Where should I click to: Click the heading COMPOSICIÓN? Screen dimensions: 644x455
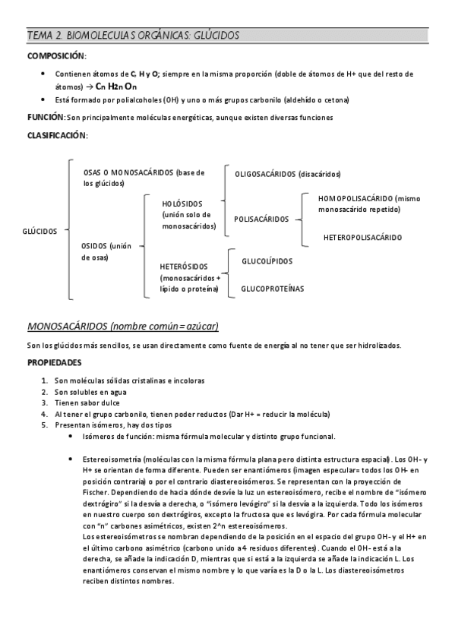point(56,57)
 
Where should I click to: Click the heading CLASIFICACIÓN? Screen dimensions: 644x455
point(57,135)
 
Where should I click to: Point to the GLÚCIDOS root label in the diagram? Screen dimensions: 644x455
point(40,231)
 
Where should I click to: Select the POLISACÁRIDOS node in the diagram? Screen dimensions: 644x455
point(261,219)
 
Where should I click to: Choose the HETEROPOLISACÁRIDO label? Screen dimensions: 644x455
point(362,238)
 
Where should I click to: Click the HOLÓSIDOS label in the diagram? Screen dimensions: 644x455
point(182,204)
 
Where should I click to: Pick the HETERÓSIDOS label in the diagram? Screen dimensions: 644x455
point(185,267)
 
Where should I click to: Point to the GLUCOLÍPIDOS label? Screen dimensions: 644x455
point(267,261)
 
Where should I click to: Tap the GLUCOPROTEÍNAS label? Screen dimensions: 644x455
point(272,289)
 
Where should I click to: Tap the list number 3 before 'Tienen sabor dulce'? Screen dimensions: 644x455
point(46,402)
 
